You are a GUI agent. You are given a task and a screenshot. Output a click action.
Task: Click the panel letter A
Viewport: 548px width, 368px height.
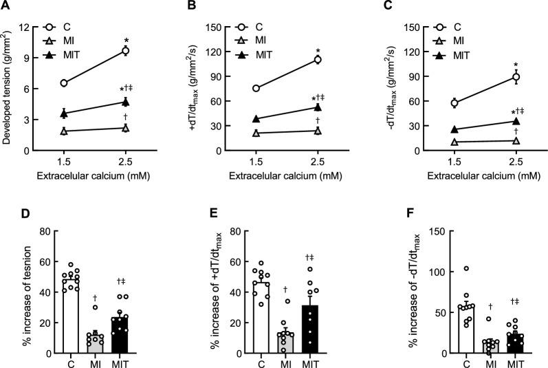(x=6, y=6)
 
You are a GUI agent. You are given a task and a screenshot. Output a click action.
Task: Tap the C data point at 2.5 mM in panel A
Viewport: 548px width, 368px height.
(x=125, y=51)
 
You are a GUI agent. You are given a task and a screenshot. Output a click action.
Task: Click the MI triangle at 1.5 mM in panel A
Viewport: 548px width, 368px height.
(x=64, y=131)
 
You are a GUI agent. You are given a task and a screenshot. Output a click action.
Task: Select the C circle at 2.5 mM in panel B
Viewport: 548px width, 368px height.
(x=318, y=60)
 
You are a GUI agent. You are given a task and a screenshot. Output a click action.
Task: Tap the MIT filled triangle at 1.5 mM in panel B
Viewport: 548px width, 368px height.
(x=256, y=119)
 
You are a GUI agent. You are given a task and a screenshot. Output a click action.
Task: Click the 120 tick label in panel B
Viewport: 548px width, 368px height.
(x=222, y=52)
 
